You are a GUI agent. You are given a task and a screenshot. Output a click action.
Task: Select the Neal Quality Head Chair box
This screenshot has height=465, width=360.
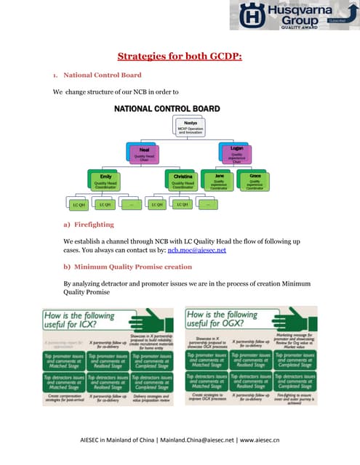tap(144, 153)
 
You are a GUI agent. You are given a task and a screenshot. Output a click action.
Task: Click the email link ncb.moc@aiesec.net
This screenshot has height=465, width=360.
tap(197, 250)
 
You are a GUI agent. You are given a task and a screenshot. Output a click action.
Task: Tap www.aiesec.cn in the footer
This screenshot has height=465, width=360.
tap(262, 440)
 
